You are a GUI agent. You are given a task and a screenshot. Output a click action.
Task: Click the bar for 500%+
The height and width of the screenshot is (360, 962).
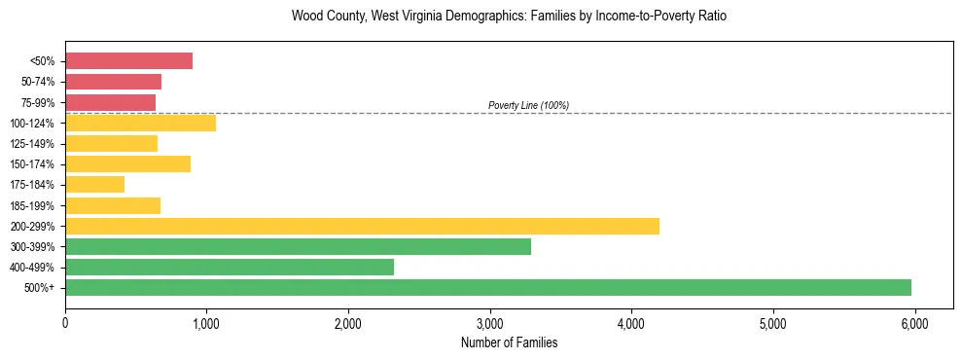click(x=488, y=287)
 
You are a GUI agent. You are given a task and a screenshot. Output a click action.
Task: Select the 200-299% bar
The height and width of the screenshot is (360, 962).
click(x=362, y=226)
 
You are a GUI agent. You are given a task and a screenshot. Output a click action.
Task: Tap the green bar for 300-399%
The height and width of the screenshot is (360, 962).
click(x=298, y=246)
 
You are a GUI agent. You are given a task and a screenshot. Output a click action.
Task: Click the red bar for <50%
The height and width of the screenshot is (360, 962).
click(x=128, y=61)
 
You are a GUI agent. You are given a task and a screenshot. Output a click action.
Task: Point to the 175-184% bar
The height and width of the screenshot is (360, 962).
click(x=94, y=184)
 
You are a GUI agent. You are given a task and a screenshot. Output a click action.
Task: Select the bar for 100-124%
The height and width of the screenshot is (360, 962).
click(x=140, y=123)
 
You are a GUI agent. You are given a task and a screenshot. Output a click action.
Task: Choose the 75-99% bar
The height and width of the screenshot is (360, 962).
click(x=110, y=102)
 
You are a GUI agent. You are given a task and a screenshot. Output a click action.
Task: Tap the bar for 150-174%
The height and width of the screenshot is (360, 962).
click(x=127, y=163)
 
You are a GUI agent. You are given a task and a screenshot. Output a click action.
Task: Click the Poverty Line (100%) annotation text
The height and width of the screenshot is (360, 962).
click(x=528, y=105)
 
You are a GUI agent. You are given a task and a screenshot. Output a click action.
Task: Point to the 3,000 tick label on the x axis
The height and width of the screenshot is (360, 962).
click(x=489, y=322)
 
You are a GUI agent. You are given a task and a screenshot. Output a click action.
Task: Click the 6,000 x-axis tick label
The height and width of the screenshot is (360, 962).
click(x=914, y=322)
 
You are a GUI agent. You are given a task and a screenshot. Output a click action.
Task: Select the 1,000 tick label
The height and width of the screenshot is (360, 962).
click(x=206, y=322)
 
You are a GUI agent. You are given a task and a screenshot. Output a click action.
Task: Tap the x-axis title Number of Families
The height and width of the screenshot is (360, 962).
click(x=509, y=342)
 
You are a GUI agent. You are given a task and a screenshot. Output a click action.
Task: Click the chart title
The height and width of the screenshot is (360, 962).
click(x=509, y=17)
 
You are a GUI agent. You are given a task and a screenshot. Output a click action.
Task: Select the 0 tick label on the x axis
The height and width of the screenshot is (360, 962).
click(x=65, y=322)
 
